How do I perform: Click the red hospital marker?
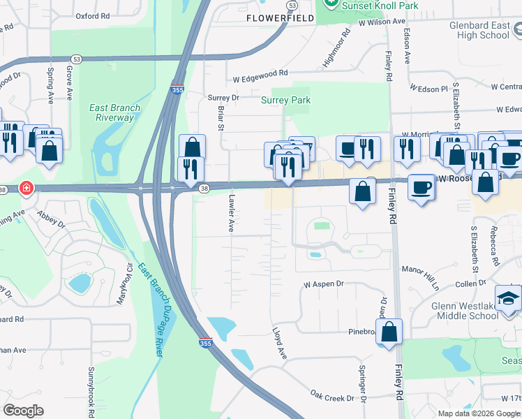pos(26,189)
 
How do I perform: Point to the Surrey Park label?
pos(285,100)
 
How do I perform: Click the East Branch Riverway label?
pos(114,112)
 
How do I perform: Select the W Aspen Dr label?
pos(324,284)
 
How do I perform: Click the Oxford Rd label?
pos(93,15)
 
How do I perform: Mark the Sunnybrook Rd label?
pos(91,388)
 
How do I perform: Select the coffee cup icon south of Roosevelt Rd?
pos(421,187)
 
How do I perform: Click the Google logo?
pos(23,411)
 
